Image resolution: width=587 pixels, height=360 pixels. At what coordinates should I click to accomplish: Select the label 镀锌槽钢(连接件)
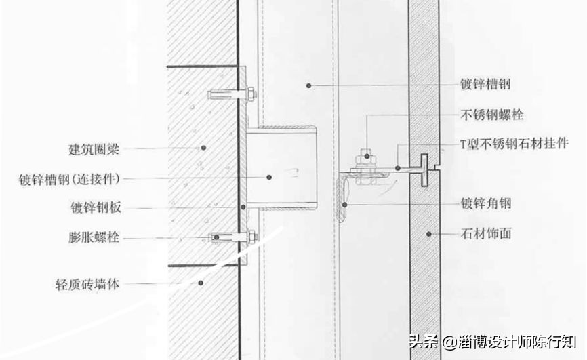pos(69,178)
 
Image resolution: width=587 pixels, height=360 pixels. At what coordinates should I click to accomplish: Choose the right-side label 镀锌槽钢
pos(485,85)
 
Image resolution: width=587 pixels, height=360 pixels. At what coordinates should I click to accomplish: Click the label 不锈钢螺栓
pos(491,115)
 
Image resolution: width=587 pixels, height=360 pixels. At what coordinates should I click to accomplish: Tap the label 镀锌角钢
pos(485,203)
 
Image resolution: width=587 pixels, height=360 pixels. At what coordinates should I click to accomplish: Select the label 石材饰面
pos(485,234)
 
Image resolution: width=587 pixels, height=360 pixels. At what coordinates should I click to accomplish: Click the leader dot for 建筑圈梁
pos(202,147)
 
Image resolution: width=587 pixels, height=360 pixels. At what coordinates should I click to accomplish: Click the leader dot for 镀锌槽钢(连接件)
pos(269,177)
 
